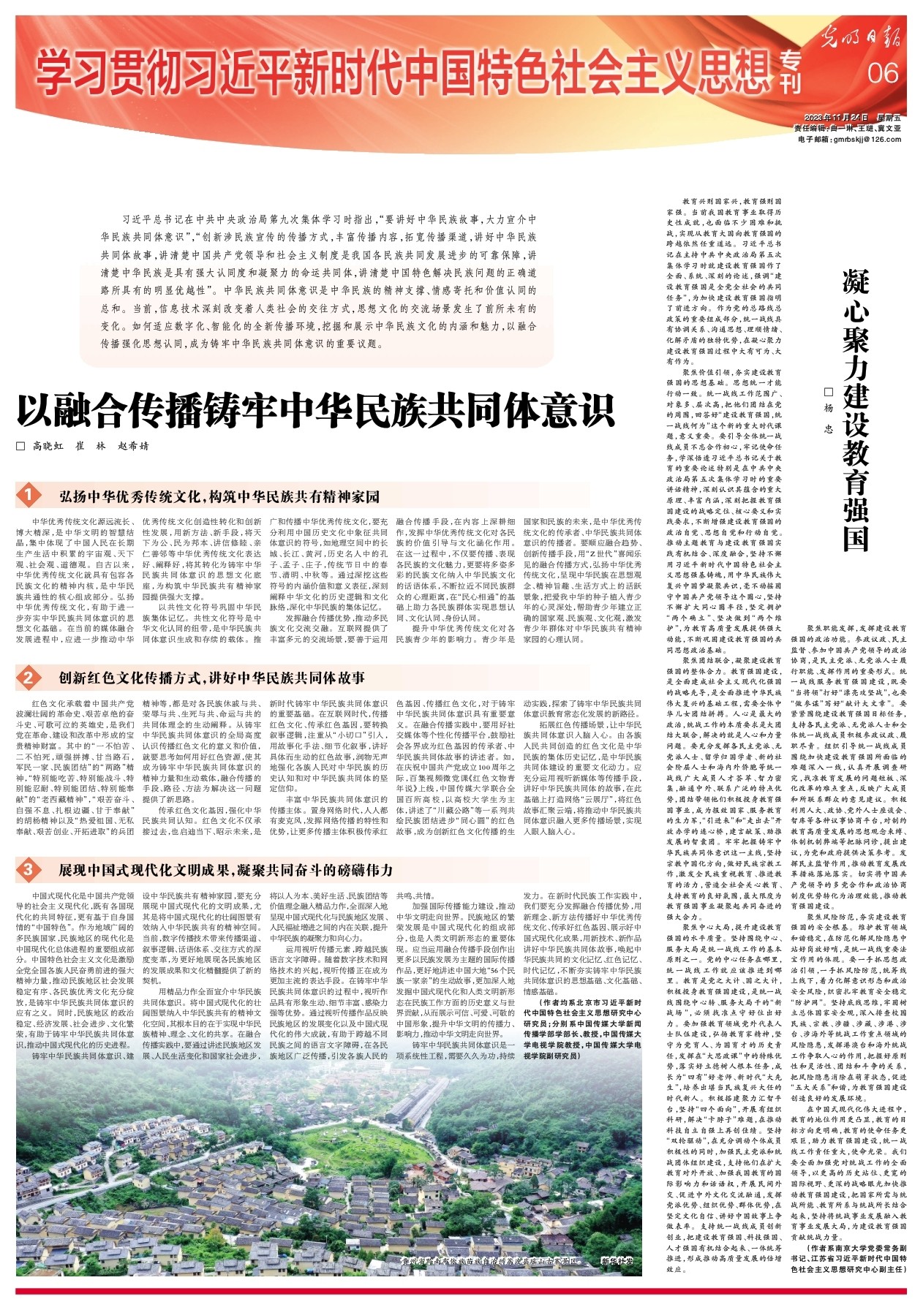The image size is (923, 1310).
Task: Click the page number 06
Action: (883, 72)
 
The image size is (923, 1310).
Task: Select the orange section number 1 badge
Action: (28, 496)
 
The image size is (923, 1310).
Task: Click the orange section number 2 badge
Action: (28, 678)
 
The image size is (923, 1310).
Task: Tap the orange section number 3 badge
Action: (28, 869)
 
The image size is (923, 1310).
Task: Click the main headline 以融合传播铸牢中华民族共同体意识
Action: (315, 410)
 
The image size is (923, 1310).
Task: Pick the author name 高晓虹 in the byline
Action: (48, 445)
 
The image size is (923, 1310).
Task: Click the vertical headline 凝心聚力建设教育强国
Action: (855, 409)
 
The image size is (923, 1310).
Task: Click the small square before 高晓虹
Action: (21, 445)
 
